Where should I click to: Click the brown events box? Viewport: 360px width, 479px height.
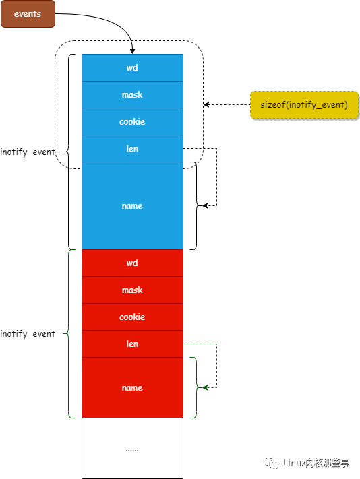27,13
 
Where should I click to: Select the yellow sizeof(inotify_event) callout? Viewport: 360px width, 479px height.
303,105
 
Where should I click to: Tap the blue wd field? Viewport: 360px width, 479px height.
132,67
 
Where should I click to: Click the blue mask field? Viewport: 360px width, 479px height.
132,94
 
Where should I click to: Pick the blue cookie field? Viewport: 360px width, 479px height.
132,121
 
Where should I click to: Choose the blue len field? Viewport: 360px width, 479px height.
132,148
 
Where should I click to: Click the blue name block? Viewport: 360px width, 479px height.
132,205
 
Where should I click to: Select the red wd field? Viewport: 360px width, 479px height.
132,263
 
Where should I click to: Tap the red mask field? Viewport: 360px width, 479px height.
132,290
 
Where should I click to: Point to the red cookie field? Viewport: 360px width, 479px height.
132,317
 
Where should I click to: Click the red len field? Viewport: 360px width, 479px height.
132,344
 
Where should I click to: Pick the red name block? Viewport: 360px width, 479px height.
132,387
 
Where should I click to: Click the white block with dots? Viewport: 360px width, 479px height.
132,448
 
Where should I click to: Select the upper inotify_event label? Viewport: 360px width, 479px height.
28,152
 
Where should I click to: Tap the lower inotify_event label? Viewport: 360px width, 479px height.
28,333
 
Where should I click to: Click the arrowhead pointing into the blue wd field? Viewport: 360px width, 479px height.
132,51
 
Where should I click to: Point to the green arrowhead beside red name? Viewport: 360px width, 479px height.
205,387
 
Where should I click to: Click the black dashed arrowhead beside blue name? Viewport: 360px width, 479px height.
205,205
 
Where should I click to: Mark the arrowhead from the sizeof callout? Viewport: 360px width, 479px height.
207,105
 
